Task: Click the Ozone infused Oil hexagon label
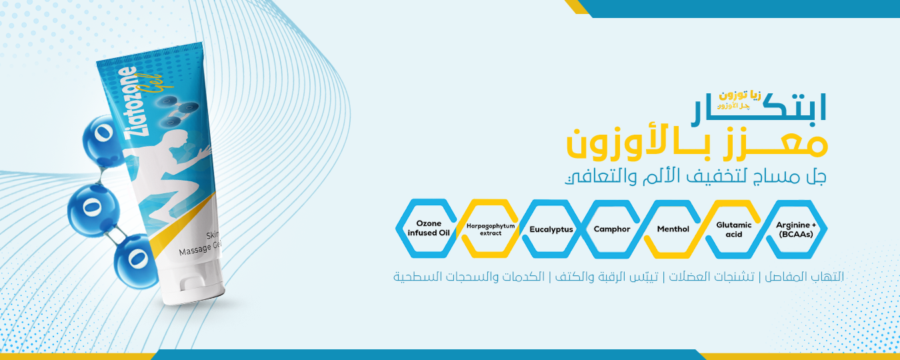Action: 428,228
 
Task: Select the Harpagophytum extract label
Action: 491,229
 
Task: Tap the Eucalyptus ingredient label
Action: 551,229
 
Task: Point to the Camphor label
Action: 612,229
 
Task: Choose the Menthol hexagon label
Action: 673,229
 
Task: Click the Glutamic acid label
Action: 733,229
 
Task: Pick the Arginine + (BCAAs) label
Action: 796,229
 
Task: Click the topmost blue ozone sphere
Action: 103,140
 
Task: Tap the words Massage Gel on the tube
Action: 200,248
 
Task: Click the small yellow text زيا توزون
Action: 740,95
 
